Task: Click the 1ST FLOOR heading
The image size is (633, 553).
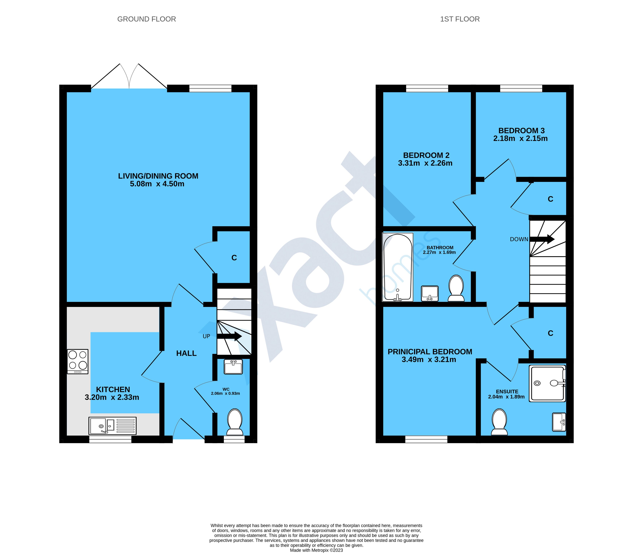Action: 460,19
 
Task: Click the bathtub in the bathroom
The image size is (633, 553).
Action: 397,267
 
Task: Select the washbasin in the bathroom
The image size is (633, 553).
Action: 430,293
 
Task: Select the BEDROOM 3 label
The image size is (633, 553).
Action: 522,131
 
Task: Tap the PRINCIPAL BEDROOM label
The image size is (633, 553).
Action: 430,352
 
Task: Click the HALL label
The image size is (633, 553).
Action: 186,353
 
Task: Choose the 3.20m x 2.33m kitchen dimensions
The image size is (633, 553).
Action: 112,397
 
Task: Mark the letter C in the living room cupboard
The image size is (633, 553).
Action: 234,258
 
